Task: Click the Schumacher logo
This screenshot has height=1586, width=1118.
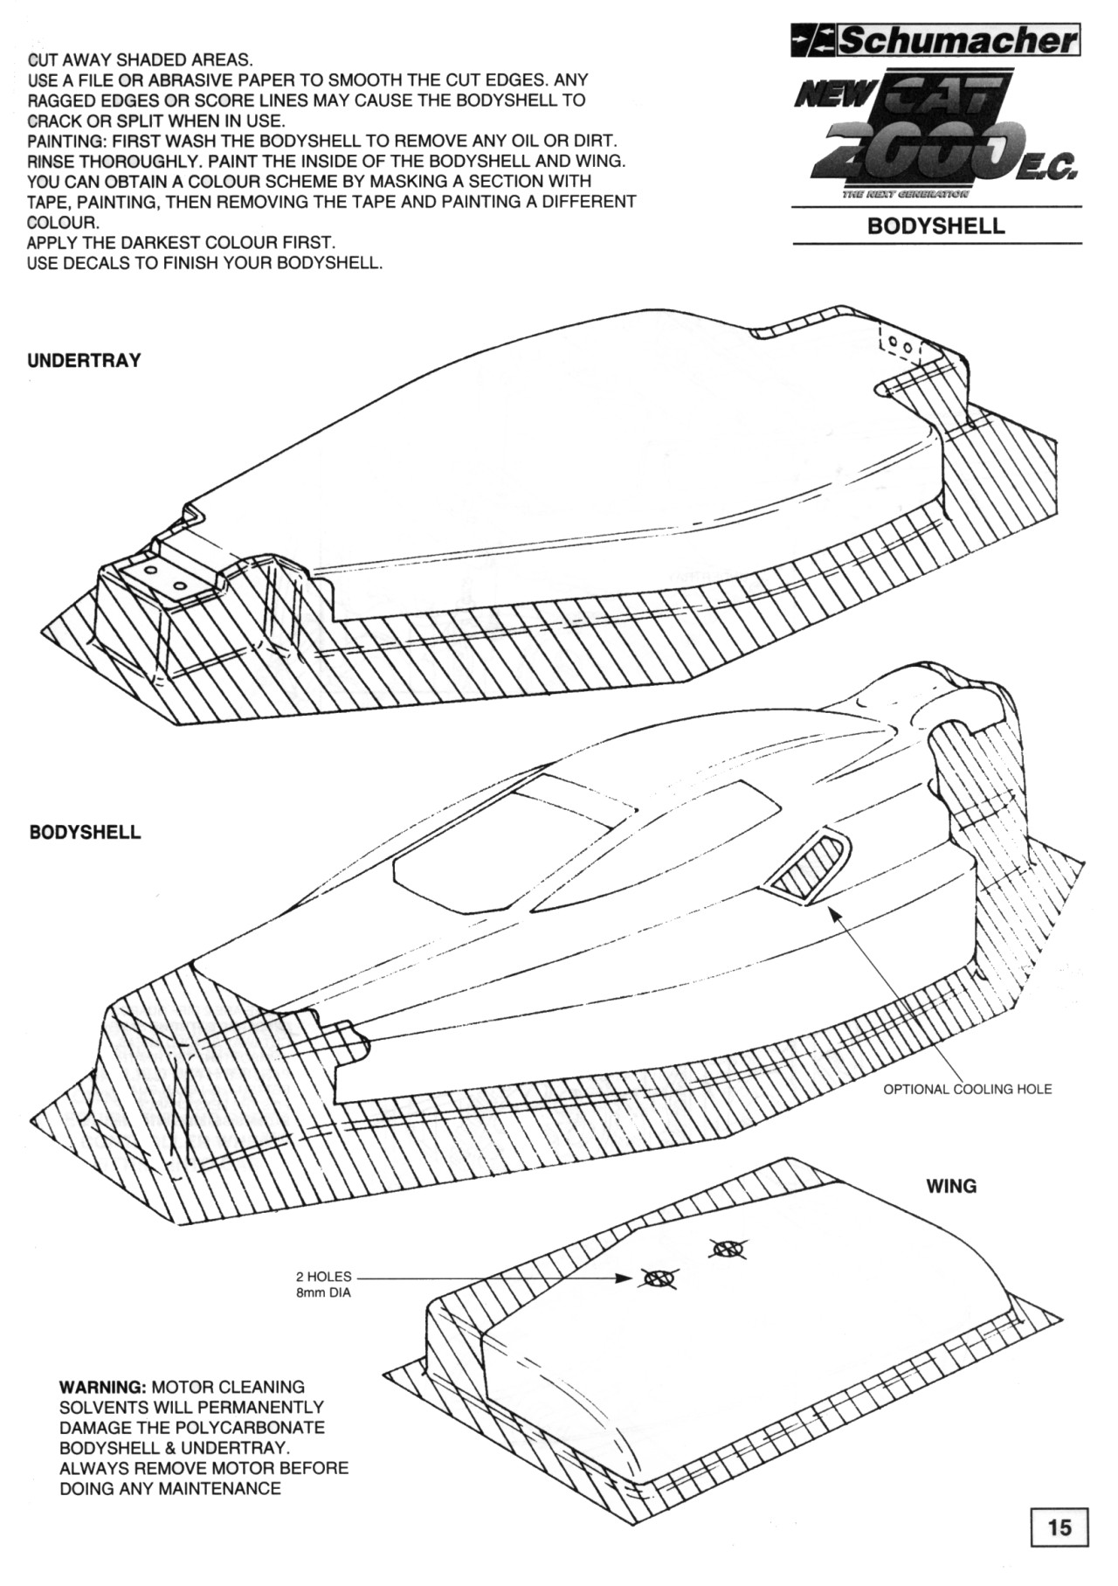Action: point(935,41)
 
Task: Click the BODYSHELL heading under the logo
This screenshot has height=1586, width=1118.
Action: point(936,225)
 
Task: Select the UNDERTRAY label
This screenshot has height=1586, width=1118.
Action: point(84,361)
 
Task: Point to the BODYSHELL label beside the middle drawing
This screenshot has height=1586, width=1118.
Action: point(85,832)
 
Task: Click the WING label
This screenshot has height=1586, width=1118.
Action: point(951,1186)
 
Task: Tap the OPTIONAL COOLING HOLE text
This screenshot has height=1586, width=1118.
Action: point(968,1089)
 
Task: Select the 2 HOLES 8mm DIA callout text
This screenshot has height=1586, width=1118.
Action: point(323,1285)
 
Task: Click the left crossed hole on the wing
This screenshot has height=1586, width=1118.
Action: point(659,1278)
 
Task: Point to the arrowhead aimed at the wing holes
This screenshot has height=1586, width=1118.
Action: point(622,1278)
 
